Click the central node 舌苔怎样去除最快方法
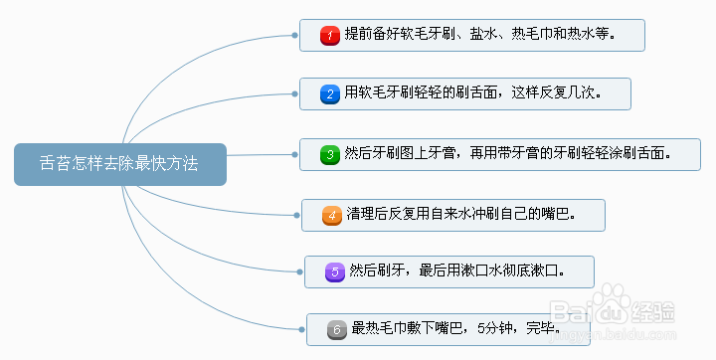click(119, 164)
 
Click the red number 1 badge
click(330, 36)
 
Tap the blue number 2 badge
click(330, 94)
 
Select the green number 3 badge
click(330, 154)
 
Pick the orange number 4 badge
click(332, 214)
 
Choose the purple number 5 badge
click(335, 270)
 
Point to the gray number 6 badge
click(336, 328)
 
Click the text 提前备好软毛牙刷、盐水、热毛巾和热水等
click(479, 36)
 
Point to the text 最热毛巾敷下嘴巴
click(408, 328)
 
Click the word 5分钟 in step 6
click(494, 328)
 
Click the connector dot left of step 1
click(296, 35)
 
